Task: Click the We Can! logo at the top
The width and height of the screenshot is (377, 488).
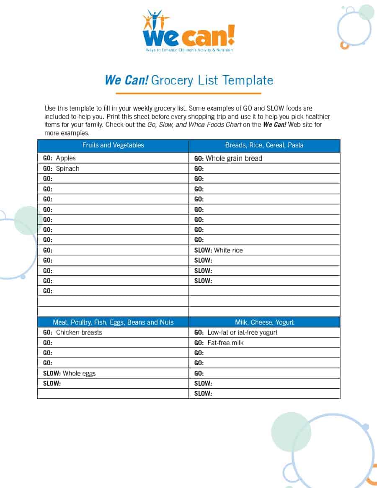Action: click(188, 31)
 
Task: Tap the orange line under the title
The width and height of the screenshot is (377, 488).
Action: click(188, 93)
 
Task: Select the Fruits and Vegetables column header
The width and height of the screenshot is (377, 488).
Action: click(113, 145)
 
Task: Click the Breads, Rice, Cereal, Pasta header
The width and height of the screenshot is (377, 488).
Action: click(264, 145)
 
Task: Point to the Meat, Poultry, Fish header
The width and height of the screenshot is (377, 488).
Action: click(113, 322)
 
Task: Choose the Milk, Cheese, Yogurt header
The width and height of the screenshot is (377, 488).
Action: click(264, 322)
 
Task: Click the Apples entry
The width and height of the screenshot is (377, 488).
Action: click(66, 158)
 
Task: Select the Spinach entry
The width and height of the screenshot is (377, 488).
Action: click(67, 168)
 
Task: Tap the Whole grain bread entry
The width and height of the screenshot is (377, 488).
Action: click(234, 158)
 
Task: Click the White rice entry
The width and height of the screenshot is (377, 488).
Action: click(228, 250)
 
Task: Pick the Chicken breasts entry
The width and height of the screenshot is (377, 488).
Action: click(79, 333)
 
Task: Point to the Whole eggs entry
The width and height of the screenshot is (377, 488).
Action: click(79, 373)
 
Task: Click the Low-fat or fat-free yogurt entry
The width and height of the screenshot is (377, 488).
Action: click(242, 333)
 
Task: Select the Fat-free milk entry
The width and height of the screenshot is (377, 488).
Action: click(225, 343)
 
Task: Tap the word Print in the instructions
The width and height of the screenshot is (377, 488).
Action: click(115, 116)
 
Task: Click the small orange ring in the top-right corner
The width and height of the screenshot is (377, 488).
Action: click(344, 45)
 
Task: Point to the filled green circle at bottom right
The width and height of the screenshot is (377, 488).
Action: click(291, 432)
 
